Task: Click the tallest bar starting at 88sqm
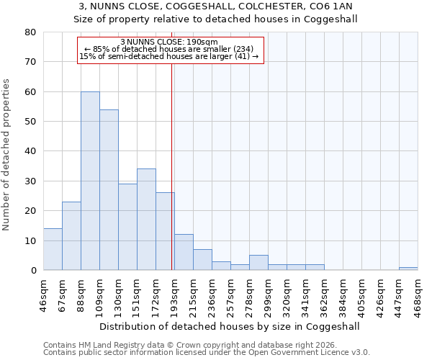[90, 181]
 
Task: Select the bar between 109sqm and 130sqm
[109, 189]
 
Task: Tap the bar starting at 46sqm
[53, 249]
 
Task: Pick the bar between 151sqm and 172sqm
[146, 220]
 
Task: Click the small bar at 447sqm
[408, 269]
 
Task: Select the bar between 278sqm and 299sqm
[258, 263]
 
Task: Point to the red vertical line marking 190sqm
[171, 166]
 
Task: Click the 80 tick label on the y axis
[30, 32]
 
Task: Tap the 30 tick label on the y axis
[30, 181]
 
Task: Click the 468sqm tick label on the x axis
[418, 294]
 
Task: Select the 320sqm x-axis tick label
[287, 294]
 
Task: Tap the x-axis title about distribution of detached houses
[230, 326]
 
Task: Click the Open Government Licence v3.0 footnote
[207, 352]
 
